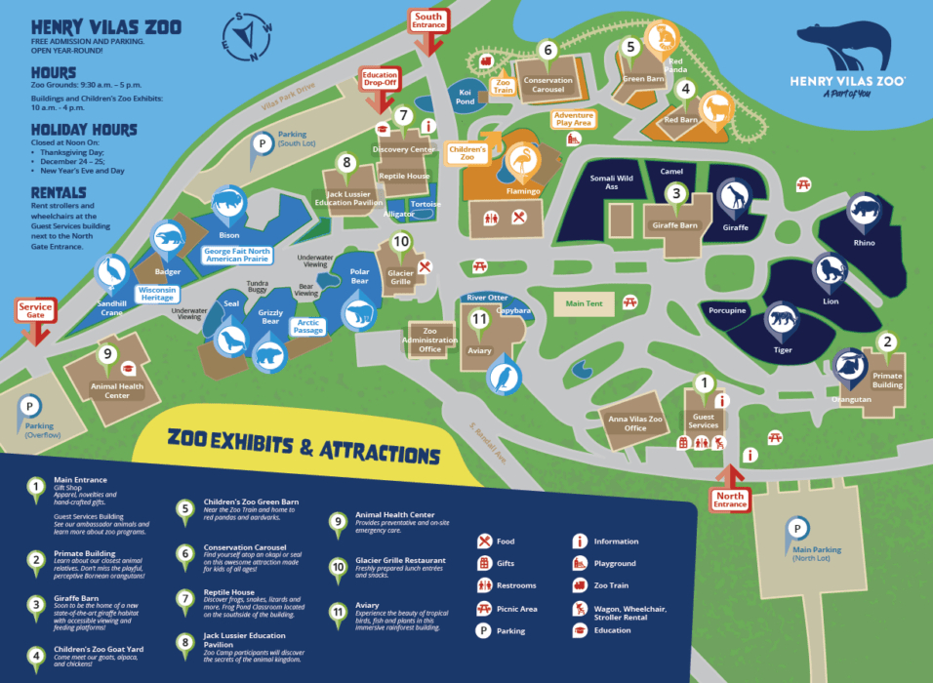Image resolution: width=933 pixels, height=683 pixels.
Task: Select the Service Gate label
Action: [x=35, y=311]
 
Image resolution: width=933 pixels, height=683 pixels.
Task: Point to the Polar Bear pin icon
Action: [x=358, y=313]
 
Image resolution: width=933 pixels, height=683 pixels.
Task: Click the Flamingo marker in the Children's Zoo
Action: [x=524, y=160]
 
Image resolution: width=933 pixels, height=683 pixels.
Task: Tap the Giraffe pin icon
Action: [x=734, y=198]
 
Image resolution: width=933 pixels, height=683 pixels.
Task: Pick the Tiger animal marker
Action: [x=782, y=319]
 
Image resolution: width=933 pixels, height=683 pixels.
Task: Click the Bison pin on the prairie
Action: [x=229, y=203]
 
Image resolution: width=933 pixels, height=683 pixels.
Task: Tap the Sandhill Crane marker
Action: [x=114, y=271]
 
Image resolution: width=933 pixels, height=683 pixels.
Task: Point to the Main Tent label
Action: [x=585, y=304]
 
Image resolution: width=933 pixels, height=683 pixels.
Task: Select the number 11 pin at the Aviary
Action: [x=478, y=319]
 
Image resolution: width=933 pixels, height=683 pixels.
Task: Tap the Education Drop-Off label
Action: [x=381, y=79]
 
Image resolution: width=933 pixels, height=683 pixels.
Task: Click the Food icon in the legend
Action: [x=484, y=542]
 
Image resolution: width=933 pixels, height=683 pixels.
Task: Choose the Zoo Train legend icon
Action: [x=580, y=585]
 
